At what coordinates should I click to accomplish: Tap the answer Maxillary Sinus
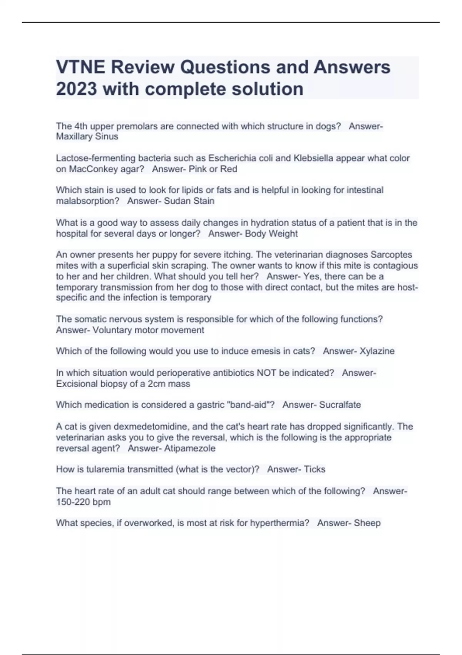87,136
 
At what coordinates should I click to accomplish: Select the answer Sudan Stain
189,201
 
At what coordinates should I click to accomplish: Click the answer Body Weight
271,233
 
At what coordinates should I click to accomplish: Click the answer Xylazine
377,351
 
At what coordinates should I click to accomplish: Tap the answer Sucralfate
340,405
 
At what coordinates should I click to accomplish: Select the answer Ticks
315,469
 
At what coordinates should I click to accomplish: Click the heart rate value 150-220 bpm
83,502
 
